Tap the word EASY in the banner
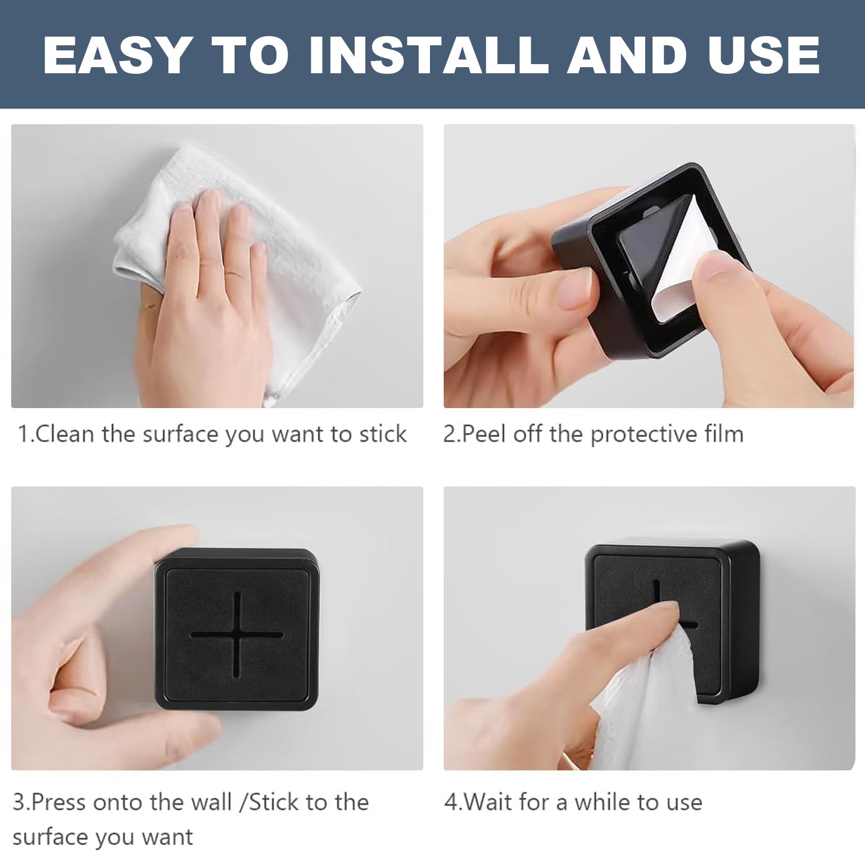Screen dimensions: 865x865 click(x=117, y=55)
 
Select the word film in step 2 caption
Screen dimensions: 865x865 click(x=724, y=434)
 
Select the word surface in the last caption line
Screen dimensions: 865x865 click(x=49, y=837)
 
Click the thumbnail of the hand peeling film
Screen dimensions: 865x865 click(x=649, y=266)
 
